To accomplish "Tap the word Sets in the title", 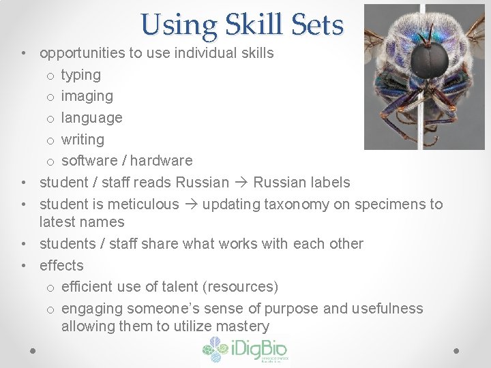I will click(x=316, y=25).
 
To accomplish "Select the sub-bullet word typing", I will click(x=80, y=74).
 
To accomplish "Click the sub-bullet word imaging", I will click(x=87, y=96).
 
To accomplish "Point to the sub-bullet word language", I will click(x=91, y=117).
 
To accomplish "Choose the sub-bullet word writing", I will click(x=83, y=139).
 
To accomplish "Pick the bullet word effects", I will click(x=61, y=265).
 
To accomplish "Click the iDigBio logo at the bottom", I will click(x=245, y=350).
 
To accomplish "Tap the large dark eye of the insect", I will click(x=429, y=59).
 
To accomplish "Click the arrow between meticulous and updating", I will click(x=191, y=204).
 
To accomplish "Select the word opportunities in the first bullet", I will click(x=87, y=52).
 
